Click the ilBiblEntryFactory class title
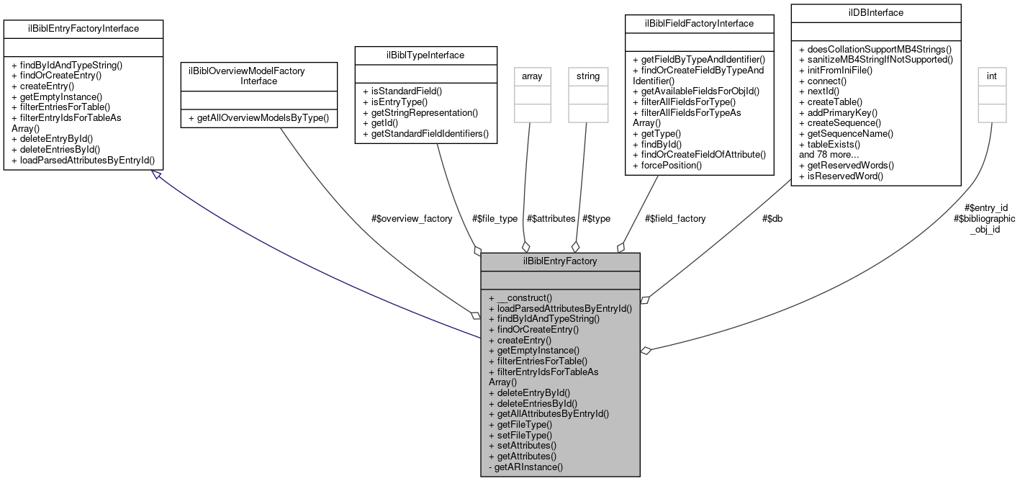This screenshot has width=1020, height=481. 560,261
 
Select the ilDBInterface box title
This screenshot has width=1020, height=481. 875,13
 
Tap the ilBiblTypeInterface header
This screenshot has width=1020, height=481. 426,55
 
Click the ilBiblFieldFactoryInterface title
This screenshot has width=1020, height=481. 699,24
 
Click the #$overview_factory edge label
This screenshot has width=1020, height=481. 412,218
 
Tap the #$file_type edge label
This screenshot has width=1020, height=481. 495,218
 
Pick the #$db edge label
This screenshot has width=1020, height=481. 772,218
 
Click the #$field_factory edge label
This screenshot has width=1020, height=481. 675,218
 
